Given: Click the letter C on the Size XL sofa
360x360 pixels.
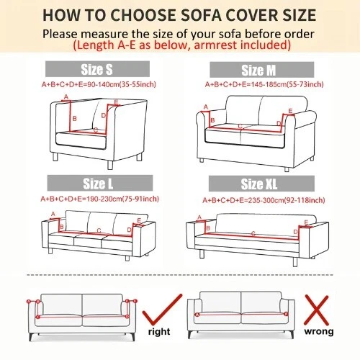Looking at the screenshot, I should (253, 233).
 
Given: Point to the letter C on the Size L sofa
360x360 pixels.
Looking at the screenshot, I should (98, 231).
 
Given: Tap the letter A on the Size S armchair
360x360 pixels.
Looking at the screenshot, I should (66, 96).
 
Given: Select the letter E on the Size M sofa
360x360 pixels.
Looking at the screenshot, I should (289, 112).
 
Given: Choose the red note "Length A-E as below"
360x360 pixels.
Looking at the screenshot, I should (180, 45).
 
